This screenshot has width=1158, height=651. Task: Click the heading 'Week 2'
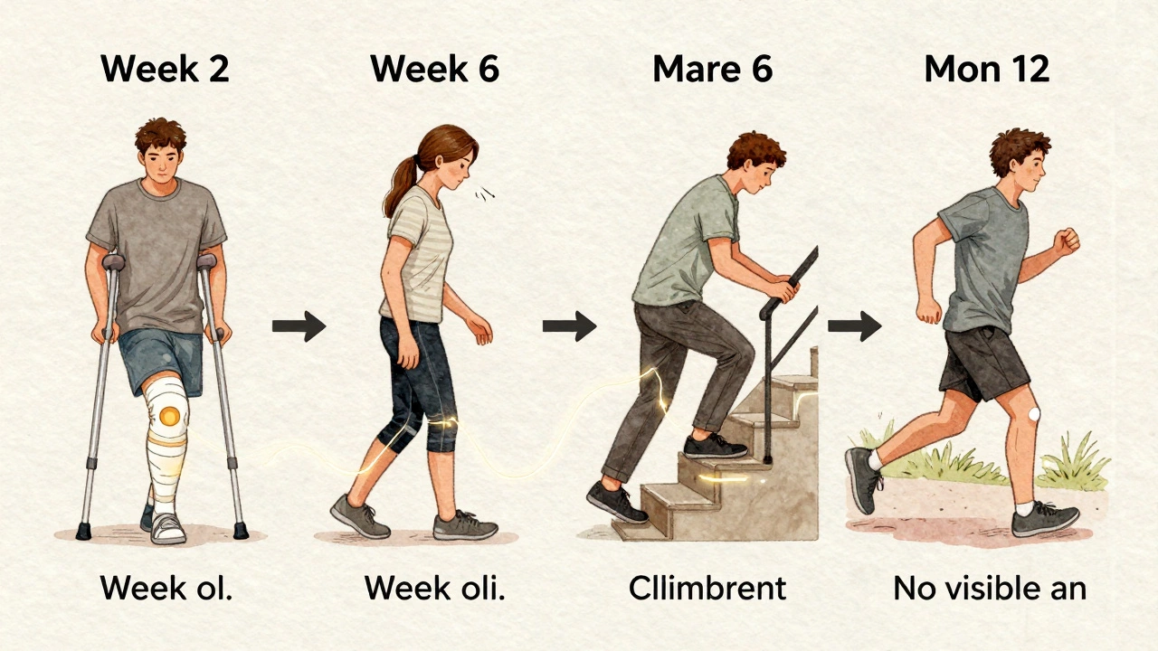click(x=165, y=70)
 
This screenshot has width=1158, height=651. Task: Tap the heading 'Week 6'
click(x=435, y=70)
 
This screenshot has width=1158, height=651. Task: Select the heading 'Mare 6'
click(x=713, y=70)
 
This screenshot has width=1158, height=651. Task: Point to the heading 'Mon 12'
click(x=986, y=70)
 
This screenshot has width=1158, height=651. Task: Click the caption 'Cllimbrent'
click(x=707, y=589)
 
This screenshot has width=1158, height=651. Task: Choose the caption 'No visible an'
click(x=989, y=589)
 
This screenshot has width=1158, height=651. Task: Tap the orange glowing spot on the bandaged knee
click(x=168, y=417)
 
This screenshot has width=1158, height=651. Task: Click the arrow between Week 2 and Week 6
click(x=299, y=325)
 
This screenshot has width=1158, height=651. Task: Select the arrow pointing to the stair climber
click(x=569, y=325)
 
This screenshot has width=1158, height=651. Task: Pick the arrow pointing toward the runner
click(x=854, y=325)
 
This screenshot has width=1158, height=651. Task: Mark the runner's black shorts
click(x=984, y=362)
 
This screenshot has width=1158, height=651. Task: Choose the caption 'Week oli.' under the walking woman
click(x=434, y=589)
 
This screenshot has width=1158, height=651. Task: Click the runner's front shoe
click(x=1045, y=520)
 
